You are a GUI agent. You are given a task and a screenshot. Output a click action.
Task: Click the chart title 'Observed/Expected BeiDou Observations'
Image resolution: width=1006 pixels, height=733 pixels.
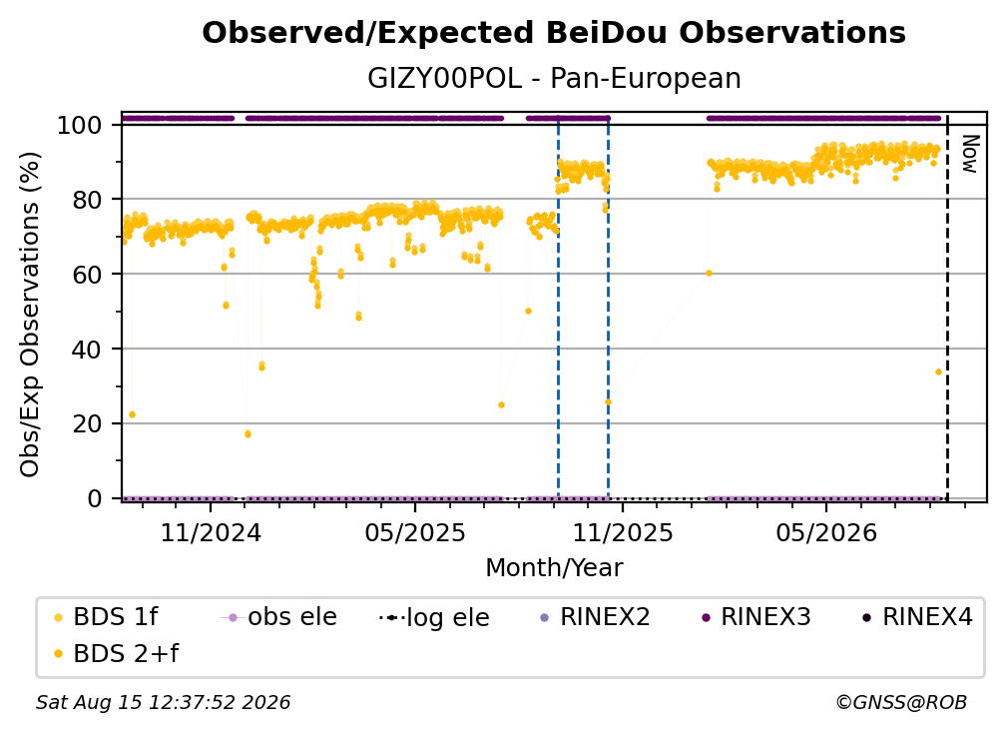coord(554,33)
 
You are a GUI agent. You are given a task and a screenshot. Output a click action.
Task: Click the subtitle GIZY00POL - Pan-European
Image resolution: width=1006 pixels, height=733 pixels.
coord(554,79)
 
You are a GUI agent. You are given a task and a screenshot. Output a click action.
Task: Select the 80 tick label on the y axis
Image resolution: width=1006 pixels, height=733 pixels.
coord(87,200)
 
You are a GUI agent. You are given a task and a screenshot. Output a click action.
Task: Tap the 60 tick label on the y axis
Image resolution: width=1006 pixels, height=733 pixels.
coord(87,274)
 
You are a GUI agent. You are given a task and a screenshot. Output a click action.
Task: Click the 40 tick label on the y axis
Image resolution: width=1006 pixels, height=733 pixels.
coord(87,350)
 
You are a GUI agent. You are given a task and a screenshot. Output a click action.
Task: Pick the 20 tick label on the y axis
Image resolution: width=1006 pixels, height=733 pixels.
coord(87,423)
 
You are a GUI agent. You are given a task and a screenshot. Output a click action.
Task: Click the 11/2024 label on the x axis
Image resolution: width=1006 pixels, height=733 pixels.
coord(211,532)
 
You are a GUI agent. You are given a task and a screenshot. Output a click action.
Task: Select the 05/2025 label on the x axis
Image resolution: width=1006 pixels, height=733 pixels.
coord(415,532)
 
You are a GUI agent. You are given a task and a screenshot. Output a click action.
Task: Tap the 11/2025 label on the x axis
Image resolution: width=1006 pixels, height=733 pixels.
coord(622,532)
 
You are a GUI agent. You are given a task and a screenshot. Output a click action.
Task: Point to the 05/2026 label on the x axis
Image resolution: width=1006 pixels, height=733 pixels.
coord(826,532)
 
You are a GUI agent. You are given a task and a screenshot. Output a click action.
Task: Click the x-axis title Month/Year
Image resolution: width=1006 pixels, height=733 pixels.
coord(554,568)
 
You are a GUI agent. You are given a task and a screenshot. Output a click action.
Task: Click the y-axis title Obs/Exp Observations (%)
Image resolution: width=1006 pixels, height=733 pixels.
coord(30,315)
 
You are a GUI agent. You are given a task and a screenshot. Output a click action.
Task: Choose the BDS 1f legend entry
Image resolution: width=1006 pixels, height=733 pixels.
coord(107,617)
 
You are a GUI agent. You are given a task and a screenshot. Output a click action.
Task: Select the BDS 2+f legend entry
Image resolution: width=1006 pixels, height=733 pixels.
coord(116,653)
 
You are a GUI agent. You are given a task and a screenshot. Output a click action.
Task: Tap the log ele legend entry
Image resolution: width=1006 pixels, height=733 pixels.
coord(434,617)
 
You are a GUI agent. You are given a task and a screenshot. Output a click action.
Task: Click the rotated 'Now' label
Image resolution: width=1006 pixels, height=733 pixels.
coord(969,154)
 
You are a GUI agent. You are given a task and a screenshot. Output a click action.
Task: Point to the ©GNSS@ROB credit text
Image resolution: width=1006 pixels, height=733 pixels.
coord(901,703)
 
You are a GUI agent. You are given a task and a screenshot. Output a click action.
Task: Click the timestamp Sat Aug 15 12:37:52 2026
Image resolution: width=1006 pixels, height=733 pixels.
coord(163,703)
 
